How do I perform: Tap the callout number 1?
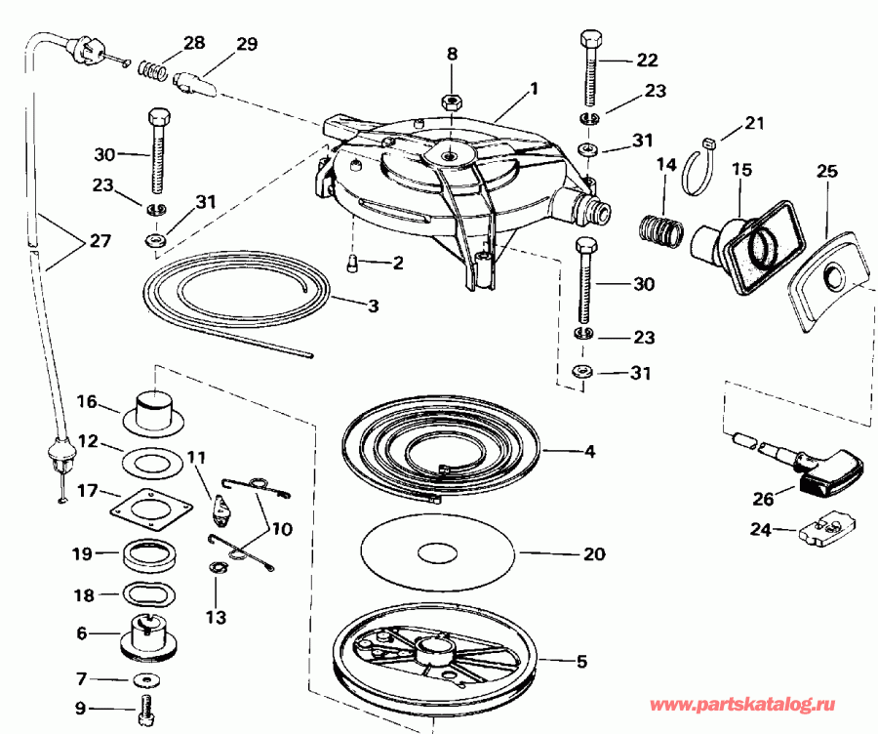coord(534,87)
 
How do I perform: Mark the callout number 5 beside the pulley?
coord(581,662)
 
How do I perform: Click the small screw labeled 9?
coord(147,710)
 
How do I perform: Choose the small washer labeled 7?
coord(146,678)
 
